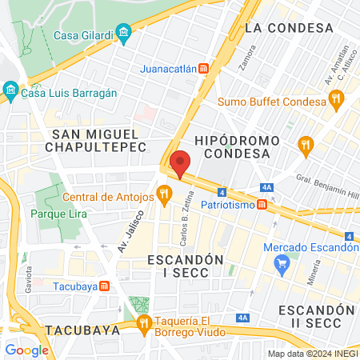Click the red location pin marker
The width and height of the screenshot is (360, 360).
[181, 162]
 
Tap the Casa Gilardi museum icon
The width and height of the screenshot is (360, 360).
[123, 34]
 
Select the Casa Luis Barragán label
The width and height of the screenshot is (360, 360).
[70, 93]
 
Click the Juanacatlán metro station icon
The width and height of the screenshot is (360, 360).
[204, 69]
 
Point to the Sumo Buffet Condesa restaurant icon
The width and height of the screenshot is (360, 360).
[336, 100]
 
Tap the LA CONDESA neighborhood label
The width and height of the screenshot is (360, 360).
[289, 28]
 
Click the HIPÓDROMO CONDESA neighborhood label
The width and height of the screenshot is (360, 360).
[237, 147]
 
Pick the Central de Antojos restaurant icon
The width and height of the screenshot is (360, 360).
[164, 193]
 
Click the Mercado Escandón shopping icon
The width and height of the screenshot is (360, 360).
[280, 269]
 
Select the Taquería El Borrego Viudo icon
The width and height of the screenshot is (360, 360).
[144, 323]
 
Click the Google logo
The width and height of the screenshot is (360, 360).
[26, 350]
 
